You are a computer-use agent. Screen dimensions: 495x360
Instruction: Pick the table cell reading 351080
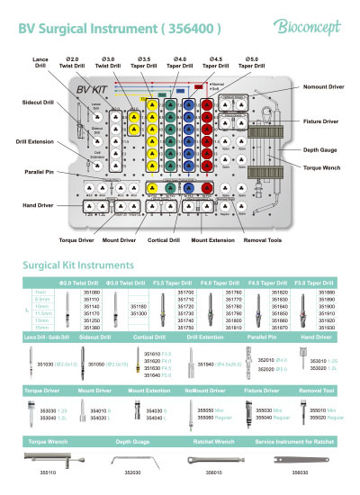tap(92, 293)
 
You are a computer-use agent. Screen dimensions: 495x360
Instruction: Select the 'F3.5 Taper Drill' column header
tap(178, 283)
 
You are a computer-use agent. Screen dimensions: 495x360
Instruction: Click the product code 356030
tap(291, 471)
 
